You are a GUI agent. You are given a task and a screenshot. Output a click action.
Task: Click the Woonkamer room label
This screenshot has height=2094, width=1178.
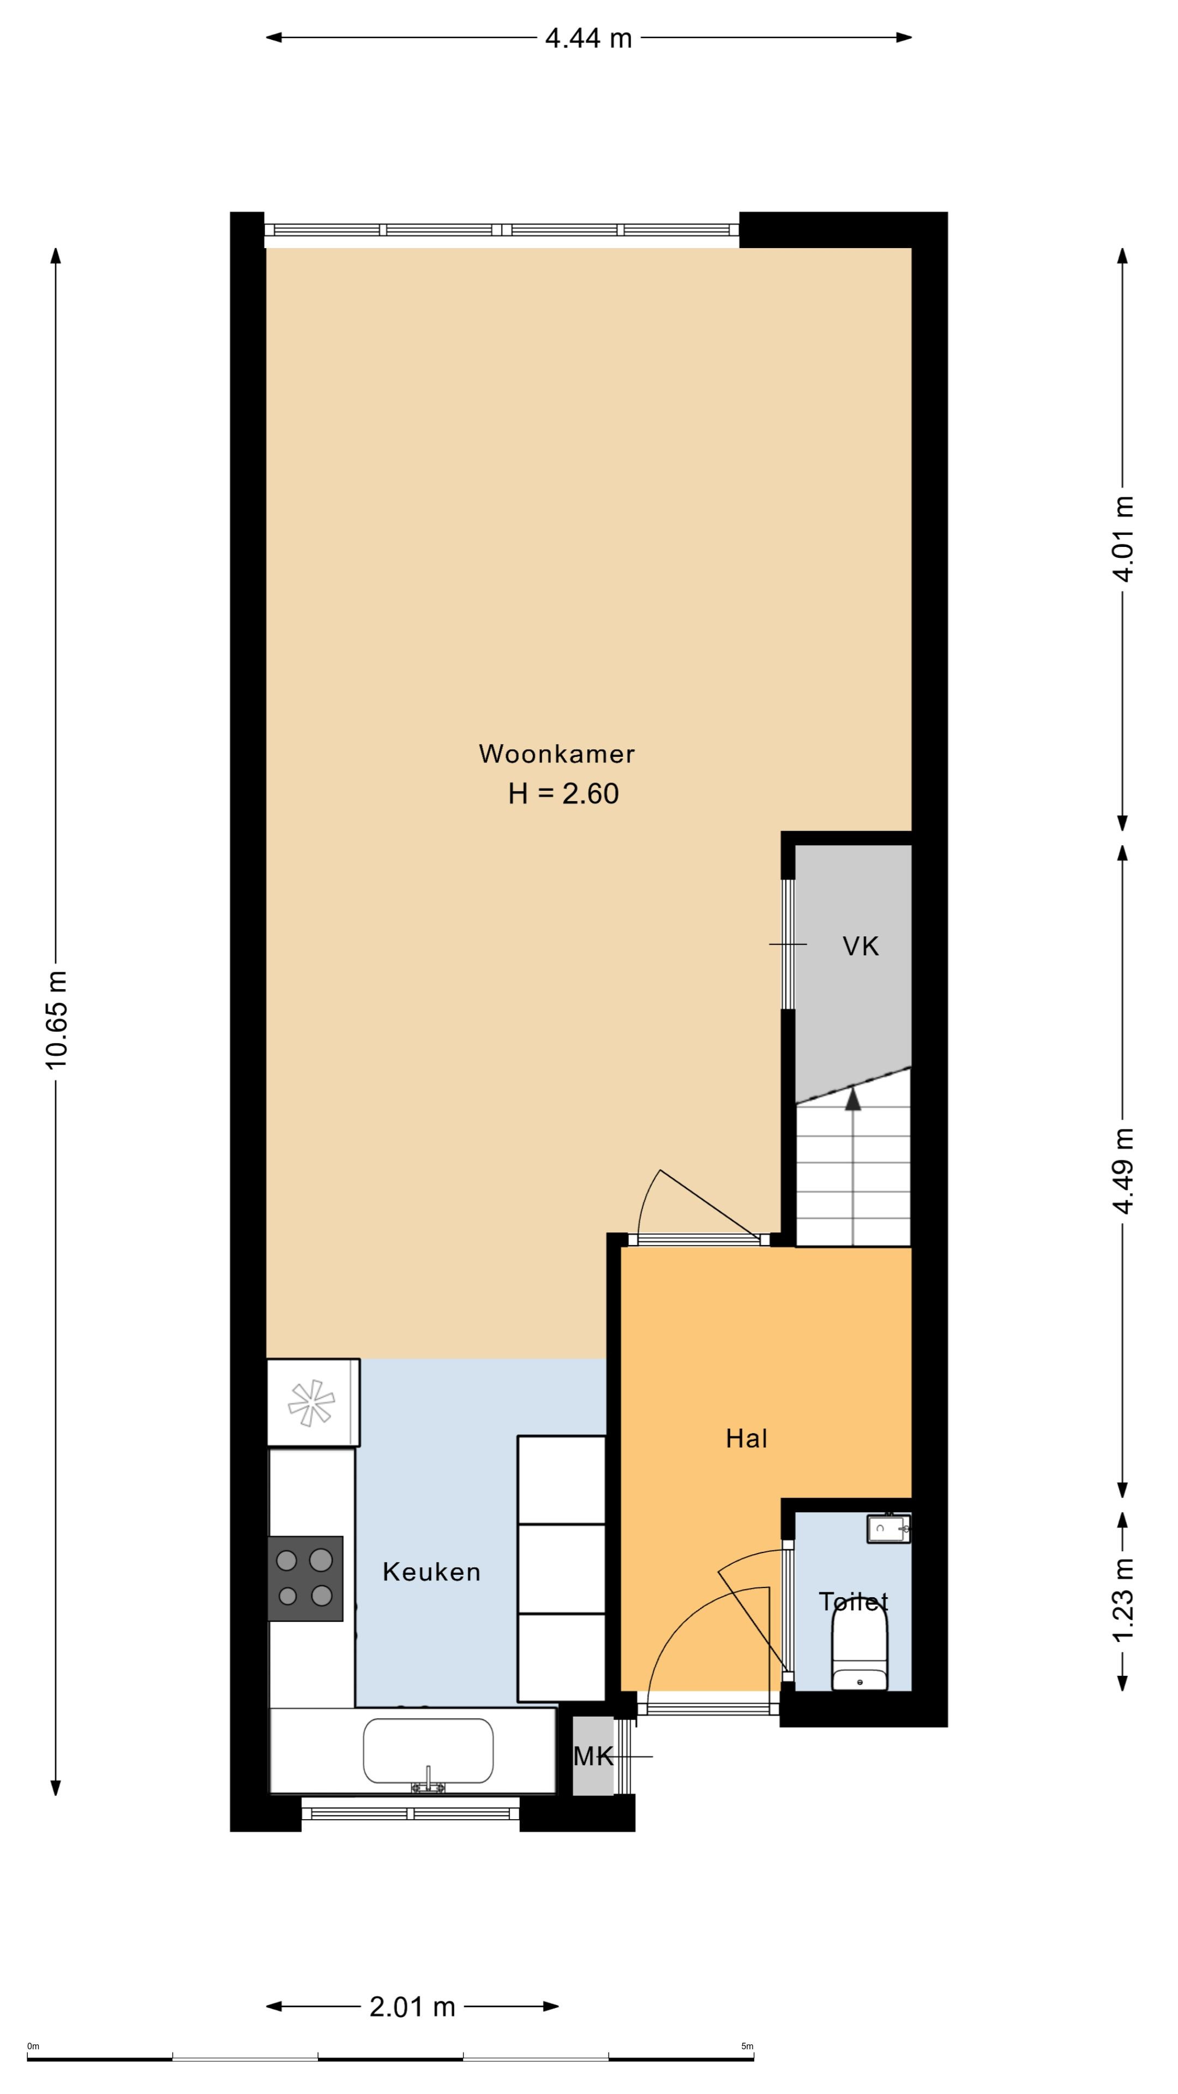click(x=556, y=754)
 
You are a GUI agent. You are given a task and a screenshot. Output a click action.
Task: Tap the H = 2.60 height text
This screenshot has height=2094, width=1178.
click(x=563, y=793)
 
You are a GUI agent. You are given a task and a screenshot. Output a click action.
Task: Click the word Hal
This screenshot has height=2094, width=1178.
click(x=746, y=1439)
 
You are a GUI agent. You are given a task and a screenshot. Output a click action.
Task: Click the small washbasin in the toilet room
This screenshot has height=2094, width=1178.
click(x=888, y=1528)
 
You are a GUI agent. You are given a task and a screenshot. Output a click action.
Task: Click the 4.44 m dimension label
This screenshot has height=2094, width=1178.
click(x=588, y=38)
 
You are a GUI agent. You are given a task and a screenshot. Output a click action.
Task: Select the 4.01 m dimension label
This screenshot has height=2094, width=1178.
click(x=1123, y=538)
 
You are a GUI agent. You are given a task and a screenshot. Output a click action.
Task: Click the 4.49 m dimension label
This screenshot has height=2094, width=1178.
click(x=1123, y=1171)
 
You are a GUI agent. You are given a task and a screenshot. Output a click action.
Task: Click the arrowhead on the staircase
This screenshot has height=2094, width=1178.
click(x=853, y=1099)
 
